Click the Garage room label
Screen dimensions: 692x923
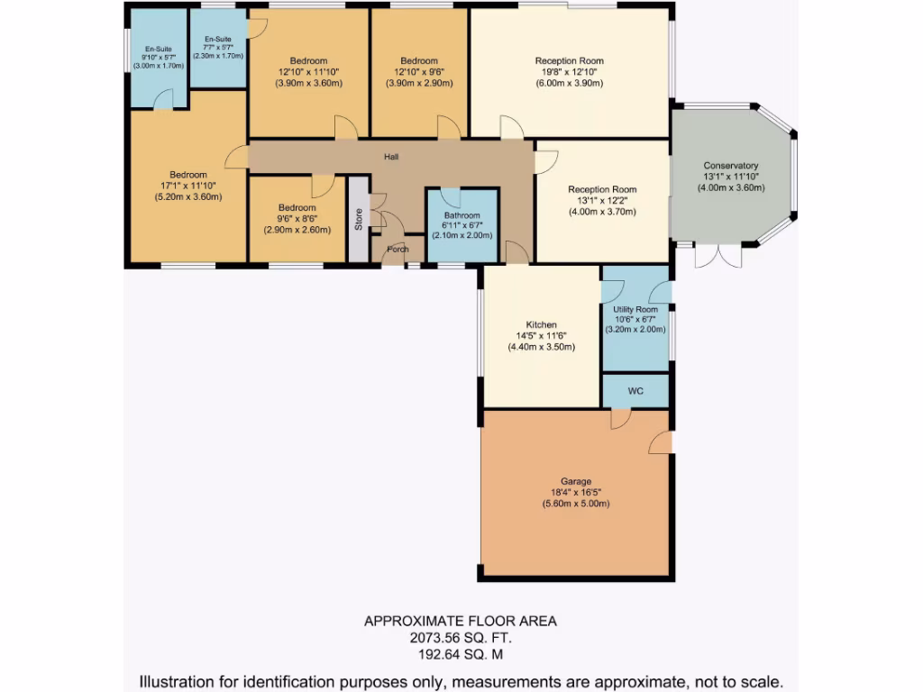point(575,482)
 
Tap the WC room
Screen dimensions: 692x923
point(635,392)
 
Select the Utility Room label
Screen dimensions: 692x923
point(635,309)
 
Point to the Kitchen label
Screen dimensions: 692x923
point(542,324)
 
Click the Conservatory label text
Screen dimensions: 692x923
point(731,166)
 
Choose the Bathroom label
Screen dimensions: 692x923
point(461,215)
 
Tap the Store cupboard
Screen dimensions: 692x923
point(359,220)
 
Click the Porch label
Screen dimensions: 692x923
point(398,250)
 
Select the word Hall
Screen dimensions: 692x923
point(391,157)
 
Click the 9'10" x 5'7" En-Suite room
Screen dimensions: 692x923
point(158,59)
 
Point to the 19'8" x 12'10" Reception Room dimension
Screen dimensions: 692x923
point(569,72)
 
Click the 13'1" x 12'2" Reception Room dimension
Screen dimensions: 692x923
point(602,201)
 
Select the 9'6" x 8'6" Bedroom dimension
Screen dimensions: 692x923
point(297,219)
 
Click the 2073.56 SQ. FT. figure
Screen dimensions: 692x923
point(460,638)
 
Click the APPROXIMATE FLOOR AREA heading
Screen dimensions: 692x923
point(460,621)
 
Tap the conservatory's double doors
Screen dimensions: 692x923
point(718,255)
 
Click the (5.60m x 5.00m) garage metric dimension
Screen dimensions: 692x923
point(575,504)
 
